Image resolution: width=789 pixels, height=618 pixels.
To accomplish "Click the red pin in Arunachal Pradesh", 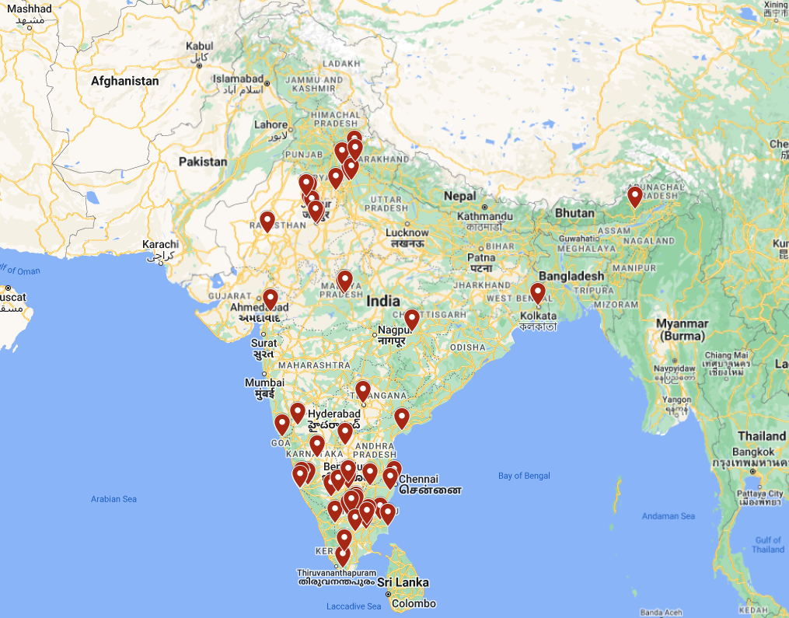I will point(635,196).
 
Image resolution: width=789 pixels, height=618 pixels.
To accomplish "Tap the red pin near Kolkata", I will point(538,292).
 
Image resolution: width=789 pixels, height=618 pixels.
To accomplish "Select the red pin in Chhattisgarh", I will point(412,319).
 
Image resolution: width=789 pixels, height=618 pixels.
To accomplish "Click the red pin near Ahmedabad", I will point(270,299).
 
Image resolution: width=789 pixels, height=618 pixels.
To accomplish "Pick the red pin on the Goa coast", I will point(281,424).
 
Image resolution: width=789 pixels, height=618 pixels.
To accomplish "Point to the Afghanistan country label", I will point(124,81).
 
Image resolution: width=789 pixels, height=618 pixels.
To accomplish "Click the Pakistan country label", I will point(203,162).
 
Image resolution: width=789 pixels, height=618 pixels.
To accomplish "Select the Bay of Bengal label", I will point(524,476).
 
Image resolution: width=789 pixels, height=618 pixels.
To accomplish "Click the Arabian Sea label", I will point(113,499).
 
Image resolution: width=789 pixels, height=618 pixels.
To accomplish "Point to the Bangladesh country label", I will point(571,276).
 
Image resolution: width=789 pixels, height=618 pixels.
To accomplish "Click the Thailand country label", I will point(762,436).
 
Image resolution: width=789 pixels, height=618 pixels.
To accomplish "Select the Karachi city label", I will point(160,245).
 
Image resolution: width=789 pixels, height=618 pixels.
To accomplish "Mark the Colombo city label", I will point(414,604).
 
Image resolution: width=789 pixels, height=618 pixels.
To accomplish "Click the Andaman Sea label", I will point(669,516).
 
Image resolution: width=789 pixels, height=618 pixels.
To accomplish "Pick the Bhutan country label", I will point(575,213).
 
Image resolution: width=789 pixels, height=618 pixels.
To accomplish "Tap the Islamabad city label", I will point(239,79).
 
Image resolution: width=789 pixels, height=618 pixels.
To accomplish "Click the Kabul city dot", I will point(200,66).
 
